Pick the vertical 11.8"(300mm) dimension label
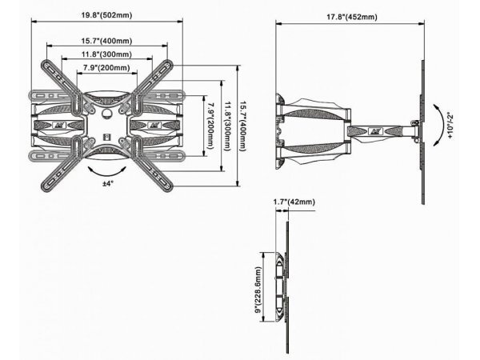point(229,128)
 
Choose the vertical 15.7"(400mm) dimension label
point(247,128)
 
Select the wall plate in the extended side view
point(278,128)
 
